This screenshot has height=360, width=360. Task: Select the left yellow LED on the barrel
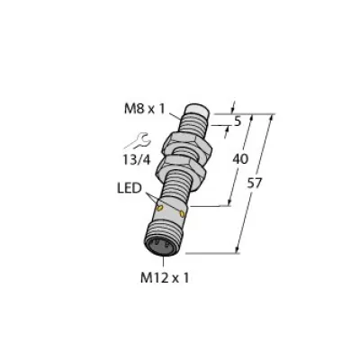coord(161,208)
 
